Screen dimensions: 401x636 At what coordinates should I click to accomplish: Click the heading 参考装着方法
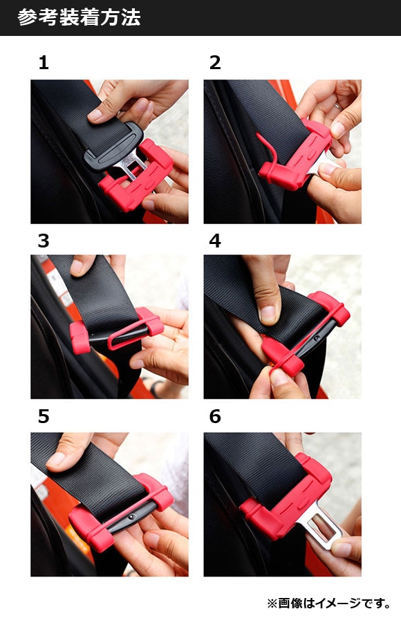79,17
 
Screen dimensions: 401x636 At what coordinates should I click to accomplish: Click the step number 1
44,63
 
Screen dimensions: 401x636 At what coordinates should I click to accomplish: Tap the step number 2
215,63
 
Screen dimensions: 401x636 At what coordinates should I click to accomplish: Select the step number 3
44,241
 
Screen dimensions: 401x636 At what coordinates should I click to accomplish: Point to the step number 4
215,241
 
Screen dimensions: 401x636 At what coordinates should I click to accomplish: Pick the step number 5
44,417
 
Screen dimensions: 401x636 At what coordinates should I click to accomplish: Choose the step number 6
215,417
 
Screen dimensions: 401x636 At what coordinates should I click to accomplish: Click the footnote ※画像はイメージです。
329,603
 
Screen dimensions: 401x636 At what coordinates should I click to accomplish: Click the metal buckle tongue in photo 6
320,526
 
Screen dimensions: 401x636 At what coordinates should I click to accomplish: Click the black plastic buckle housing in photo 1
113,146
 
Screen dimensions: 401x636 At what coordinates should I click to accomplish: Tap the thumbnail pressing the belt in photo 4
268,315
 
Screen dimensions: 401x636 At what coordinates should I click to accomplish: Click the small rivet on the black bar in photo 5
131,517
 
